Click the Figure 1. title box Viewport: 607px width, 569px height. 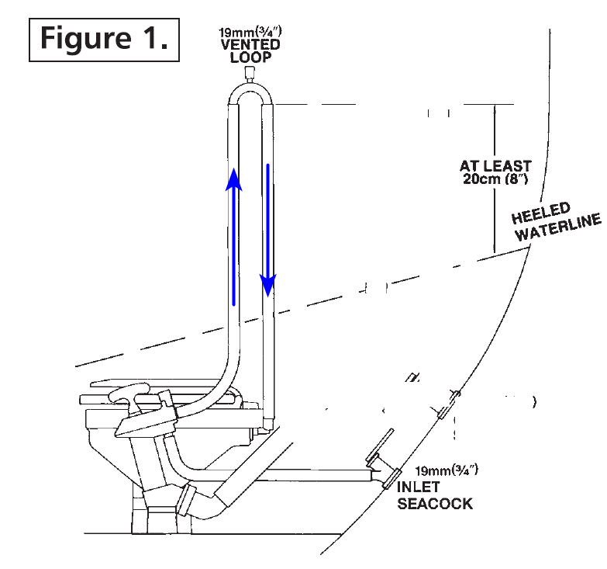pyautogui.click(x=104, y=40)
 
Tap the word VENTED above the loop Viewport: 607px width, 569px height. pyautogui.click(x=250, y=44)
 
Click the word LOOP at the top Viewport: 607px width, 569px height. pyautogui.click(x=250, y=57)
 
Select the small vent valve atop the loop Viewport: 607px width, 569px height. pyautogui.click(x=250, y=73)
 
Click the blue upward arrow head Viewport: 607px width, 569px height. pyautogui.click(x=234, y=179)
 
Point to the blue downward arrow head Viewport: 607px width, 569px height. pyautogui.click(x=268, y=285)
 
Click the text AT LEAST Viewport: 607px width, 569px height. pyautogui.click(x=495, y=166)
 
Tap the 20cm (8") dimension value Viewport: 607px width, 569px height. pyautogui.click(x=495, y=179)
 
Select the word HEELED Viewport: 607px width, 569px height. pyautogui.click(x=541, y=213)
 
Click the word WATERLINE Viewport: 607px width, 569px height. pyautogui.click(x=558, y=227)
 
